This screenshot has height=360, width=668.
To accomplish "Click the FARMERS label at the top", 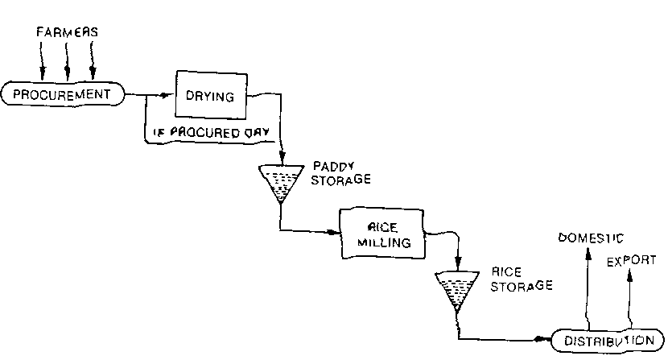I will pyautogui.click(x=68, y=32).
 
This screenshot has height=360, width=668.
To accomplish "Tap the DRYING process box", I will pyautogui.click(x=209, y=97).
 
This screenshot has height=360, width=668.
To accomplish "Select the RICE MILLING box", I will pyautogui.click(x=381, y=234).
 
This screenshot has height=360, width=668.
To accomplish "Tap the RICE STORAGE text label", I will pyautogui.click(x=521, y=279).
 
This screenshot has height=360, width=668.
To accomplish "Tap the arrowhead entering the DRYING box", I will pyautogui.click(x=167, y=96).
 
